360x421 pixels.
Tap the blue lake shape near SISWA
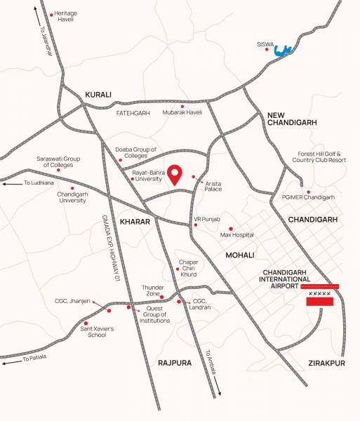pyautogui.click(x=284, y=50)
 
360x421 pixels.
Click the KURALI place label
pyautogui.click(x=98, y=94)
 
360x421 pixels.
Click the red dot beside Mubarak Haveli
pyautogui.click(x=182, y=107)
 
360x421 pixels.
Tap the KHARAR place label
pyautogui.click(x=135, y=222)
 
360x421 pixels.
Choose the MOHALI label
pyautogui.click(x=240, y=255)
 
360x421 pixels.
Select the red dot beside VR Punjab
pyautogui.click(x=196, y=225)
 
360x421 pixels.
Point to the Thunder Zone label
pyautogui.click(x=152, y=290)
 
